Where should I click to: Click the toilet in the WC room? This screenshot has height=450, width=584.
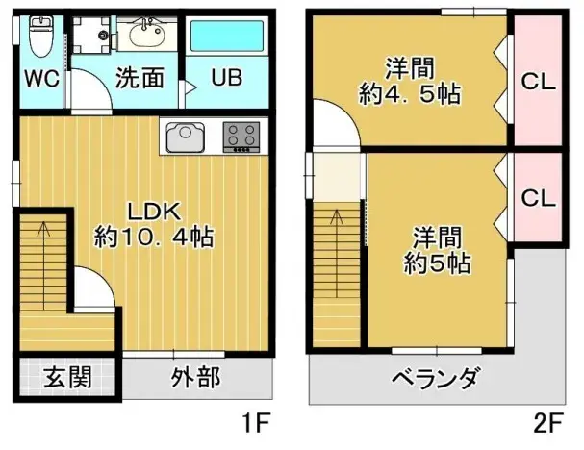38,38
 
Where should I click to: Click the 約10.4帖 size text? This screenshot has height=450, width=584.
153,237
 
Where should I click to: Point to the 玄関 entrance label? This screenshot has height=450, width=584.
67,376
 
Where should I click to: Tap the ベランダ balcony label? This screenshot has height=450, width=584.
435,378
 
